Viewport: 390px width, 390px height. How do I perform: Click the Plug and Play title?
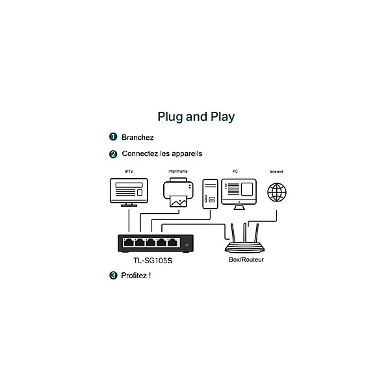click(196, 117)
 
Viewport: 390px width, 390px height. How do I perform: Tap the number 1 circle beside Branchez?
click(113, 136)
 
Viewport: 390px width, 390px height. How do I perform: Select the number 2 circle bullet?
click(113, 154)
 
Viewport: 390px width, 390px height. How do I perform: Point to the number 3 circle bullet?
click(113, 276)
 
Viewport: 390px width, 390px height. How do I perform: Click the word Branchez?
click(138, 137)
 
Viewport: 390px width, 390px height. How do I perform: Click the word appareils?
click(187, 154)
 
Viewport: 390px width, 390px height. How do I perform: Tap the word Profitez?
click(134, 276)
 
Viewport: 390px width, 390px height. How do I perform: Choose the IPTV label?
click(129, 172)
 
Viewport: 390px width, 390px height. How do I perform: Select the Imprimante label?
click(178, 172)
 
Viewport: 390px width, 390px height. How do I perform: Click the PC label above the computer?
click(235, 172)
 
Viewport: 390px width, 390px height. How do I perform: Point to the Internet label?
click(277, 172)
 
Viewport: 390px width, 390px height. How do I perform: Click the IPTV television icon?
click(129, 192)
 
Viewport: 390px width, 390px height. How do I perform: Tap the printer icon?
click(178, 192)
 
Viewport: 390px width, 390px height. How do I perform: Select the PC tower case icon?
click(210, 194)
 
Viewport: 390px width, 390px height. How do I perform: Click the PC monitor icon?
click(239, 194)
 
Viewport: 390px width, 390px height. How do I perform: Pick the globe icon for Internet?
click(277, 192)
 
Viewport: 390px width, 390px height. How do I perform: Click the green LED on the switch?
click(187, 245)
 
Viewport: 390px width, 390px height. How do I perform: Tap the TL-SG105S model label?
click(153, 261)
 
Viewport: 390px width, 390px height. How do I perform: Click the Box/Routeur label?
click(246, 259)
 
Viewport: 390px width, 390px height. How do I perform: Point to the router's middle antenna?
click(245, 233)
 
